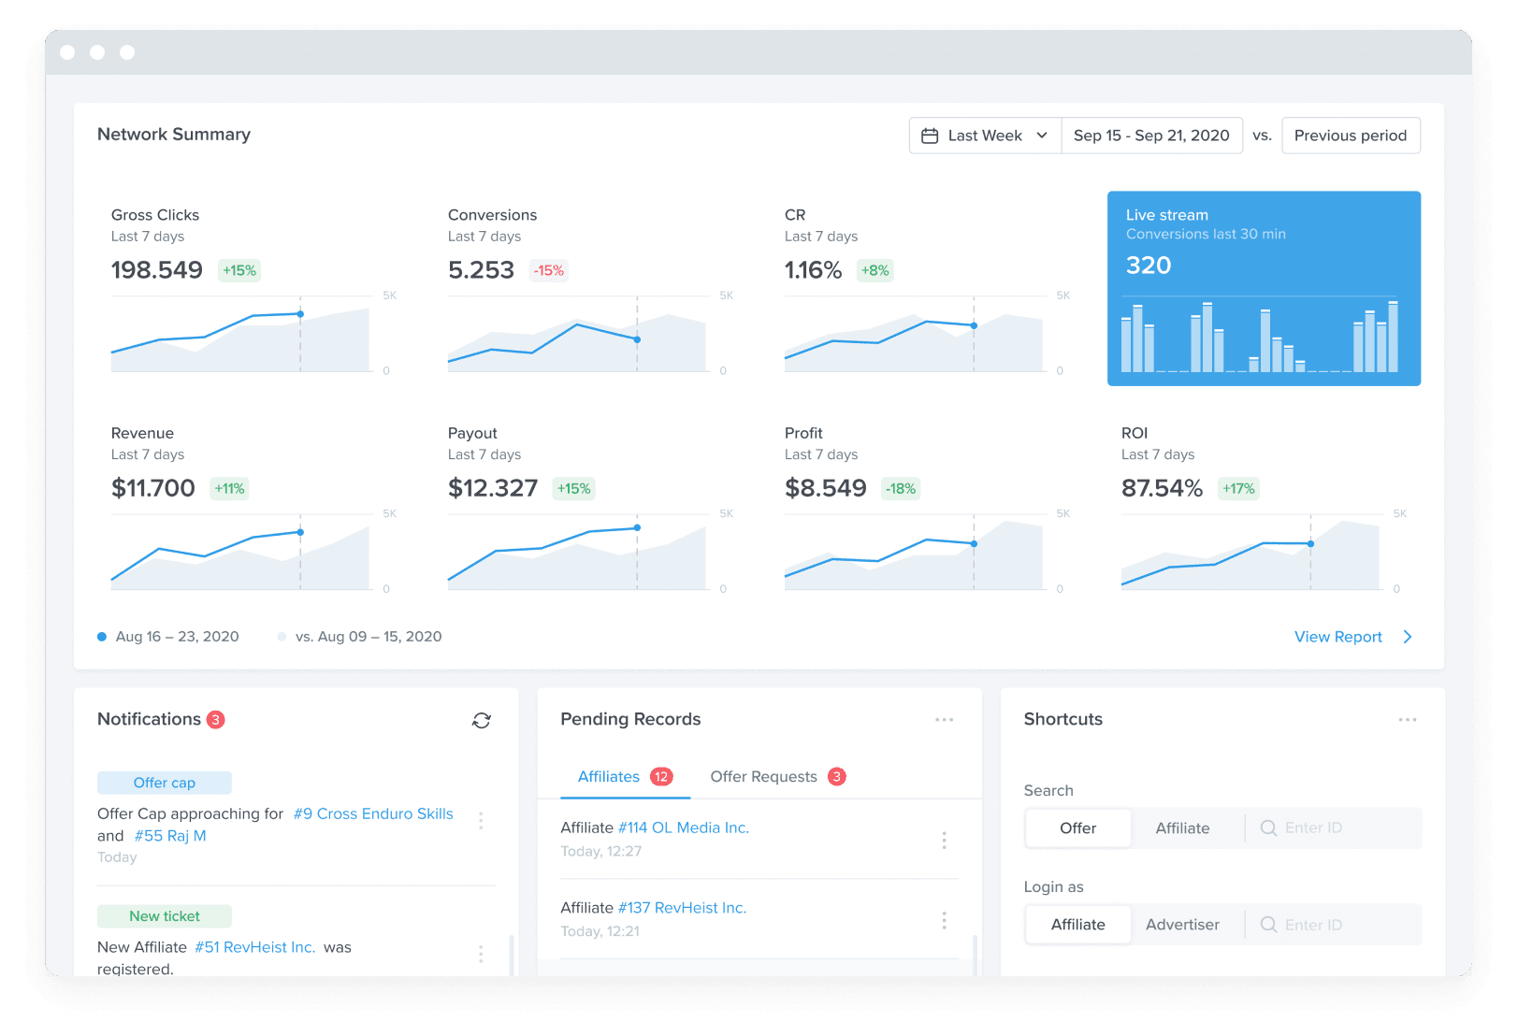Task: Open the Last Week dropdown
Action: coord(985,136)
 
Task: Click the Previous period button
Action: coord(1350,136)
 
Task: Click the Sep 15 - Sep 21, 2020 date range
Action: coord(1150,136)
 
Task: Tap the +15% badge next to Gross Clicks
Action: coord(239,270)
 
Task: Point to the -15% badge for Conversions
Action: coord(549,270)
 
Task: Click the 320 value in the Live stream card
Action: coord(1148,266)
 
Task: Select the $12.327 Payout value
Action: coord(493,488)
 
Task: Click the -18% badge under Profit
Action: coord(901,488)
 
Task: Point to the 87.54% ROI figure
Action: coord(1162,488)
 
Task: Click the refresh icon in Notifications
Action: coord(482,720)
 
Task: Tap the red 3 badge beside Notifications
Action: coord(216,719)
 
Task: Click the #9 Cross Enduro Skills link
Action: coord(373,813)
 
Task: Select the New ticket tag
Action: coord(165,916)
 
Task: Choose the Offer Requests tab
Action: coord(763,777)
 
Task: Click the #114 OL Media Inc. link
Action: coord(683,827)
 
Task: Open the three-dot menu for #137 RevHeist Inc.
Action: coord(944,920)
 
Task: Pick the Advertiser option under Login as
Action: coord(1182,925)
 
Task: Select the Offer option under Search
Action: coord(1077,828)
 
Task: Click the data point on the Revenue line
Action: coord(300,532)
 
